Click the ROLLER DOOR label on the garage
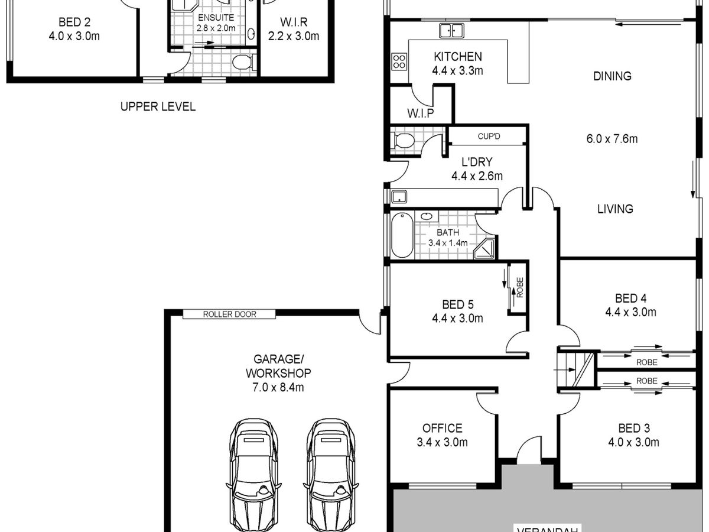tap(229, 314)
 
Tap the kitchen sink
tap(451, 31)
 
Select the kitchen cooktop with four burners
tap(399, 61)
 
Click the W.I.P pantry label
tap(420, 113)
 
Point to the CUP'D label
tap(489, 137)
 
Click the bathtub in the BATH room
tap(402, 235)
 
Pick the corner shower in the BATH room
tap(484, 249)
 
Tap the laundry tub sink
tap(399, 197)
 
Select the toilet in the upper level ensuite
tap(243, 62)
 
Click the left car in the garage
tap(253, 475)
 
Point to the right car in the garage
tap(331, 475)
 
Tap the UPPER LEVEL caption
tap(158, 106)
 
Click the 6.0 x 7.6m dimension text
tap(612, 139)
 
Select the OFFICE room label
tap(442, 428)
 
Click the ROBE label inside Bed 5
tap(520, 287)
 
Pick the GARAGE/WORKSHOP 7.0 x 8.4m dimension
tap(278, 387)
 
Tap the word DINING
tap(612, 76)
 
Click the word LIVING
tap(615, 209)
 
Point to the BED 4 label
tap(630, 298)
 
